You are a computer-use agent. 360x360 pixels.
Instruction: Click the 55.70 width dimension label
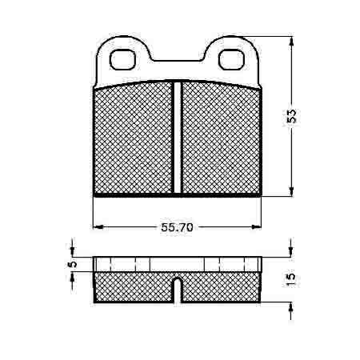177,227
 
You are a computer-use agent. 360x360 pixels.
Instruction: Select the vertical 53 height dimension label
291,116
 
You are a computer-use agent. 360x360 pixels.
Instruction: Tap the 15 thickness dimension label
291,280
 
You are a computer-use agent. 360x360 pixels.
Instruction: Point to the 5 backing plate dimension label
73,264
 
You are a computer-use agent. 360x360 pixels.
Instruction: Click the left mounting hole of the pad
122,59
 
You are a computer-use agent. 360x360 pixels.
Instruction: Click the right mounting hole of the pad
231,59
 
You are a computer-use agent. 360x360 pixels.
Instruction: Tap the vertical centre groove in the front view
178,137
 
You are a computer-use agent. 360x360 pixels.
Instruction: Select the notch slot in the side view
178,290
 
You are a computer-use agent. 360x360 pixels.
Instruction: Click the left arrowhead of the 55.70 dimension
98,227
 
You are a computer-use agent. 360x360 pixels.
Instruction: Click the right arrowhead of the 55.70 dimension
256,227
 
